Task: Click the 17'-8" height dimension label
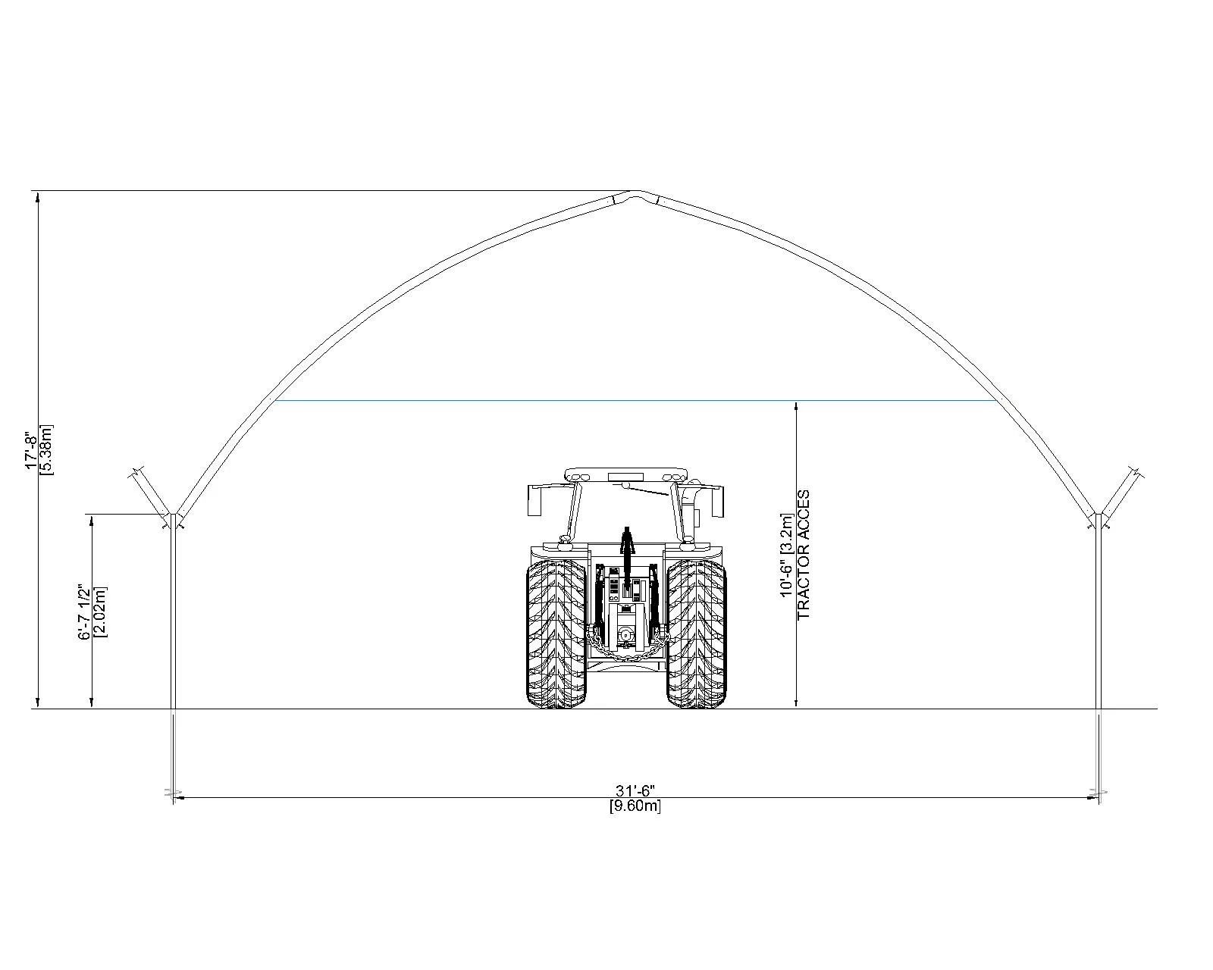[x=31, y=451]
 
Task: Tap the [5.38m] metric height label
[x=47, y=450]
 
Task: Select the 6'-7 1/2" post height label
[x=84, y=612]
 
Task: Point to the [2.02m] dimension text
[x=101, y=612]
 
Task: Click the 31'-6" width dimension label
[x=635, y=790]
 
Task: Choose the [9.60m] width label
[x=635, y=806]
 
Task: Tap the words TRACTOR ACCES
[x=803, y=555]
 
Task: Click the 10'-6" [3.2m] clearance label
[x=786, y=555]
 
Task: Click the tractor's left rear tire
[x=556, y=634]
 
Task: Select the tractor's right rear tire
[x=697, y=634]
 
